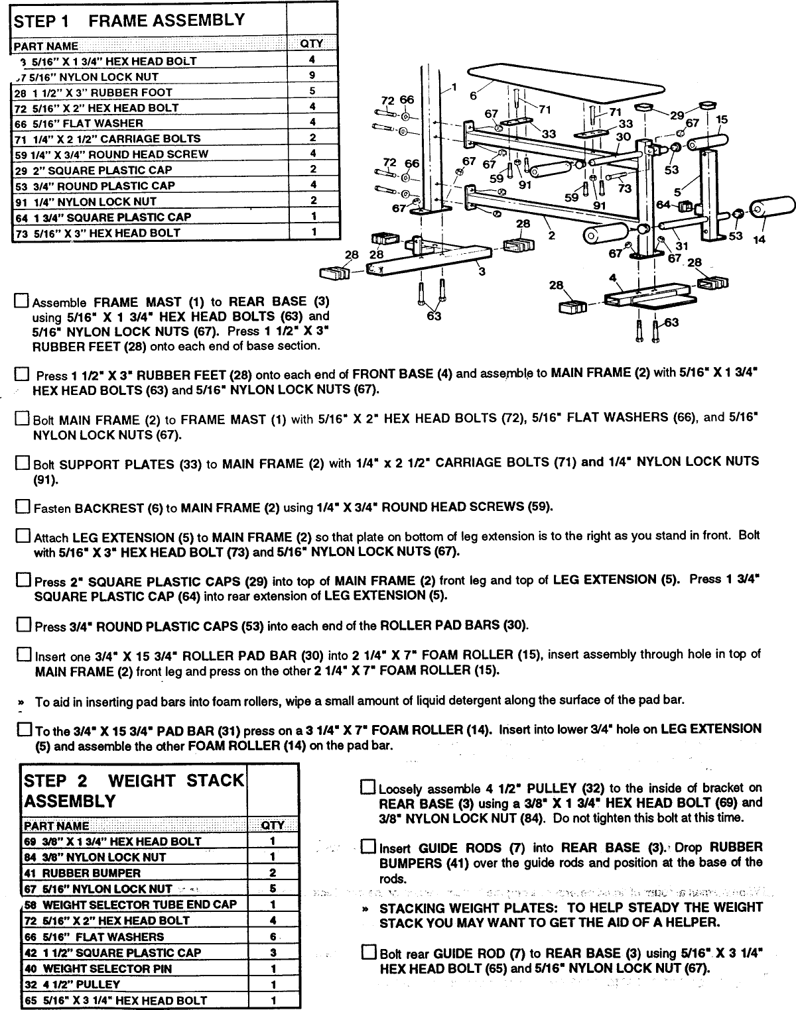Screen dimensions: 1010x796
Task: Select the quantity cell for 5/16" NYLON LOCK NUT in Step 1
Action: click(x=312, y=76)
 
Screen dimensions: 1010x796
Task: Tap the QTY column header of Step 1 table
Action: click(x=312, y=44)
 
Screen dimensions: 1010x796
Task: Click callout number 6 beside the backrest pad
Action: click(x=472, y=95)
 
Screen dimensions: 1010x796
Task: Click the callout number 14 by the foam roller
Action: click(x=759, y=239)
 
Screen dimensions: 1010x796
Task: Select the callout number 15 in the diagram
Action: click(x=722, y=120)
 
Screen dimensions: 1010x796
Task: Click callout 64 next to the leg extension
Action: click(x=663, y=205)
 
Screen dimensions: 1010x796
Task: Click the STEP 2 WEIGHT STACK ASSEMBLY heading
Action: click(x=133, y=791)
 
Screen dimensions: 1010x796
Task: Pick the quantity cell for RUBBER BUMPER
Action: click(x=273, y=873)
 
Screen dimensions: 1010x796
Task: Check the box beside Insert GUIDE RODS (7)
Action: click(x=367, y=847)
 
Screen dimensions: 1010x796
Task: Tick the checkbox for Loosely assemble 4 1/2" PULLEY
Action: click(x=367, y=787)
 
